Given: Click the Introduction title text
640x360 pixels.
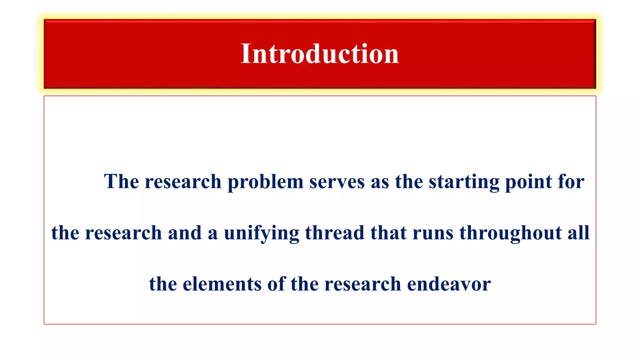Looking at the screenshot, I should [320, 54].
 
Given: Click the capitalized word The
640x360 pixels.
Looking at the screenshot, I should [121, 181].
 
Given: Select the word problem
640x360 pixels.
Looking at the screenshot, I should [265, 182].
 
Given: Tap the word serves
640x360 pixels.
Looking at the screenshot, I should [337, 182].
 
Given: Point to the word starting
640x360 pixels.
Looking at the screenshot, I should [464, 182].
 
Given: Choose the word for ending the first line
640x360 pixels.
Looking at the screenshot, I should [571, 181].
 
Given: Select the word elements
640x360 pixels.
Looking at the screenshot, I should [222, 284].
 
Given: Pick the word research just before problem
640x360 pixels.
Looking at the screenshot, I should [183, 182].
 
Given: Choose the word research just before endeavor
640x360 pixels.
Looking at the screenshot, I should [362, 284].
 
